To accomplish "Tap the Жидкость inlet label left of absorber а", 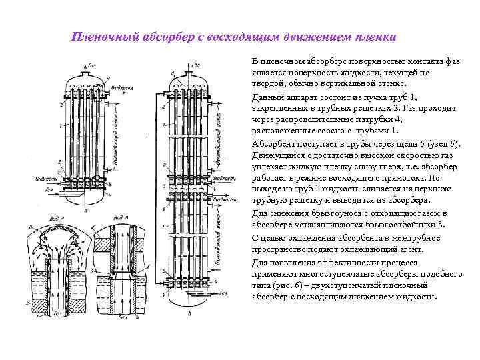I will tap(37, 179).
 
